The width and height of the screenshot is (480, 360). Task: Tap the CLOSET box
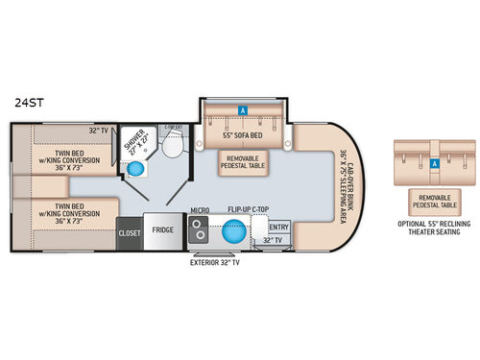129,231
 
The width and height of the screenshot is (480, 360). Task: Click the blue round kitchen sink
231,231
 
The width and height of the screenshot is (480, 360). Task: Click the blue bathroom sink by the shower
137,168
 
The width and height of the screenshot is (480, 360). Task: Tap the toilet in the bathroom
173,146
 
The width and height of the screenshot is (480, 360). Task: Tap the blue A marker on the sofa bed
244,109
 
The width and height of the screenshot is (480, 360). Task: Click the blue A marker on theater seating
435,163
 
